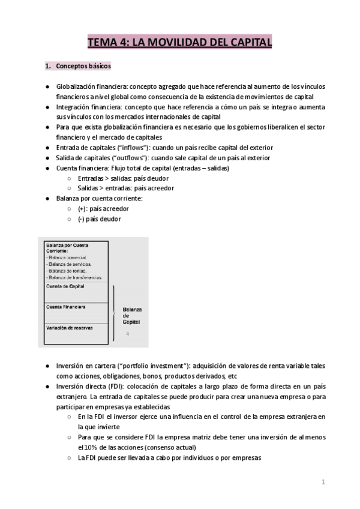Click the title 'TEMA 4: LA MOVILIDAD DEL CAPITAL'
(x=179, y=42)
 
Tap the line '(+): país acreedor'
(x=103, y=209)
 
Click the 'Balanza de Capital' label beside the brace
(x=132, y=316)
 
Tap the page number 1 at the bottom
(x=323, y=482)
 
